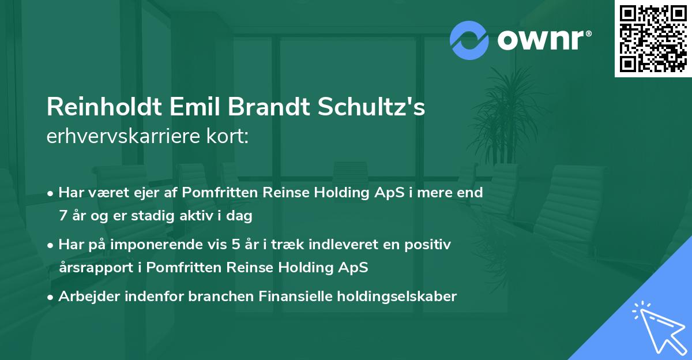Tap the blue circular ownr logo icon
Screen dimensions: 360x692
tap(470, 40)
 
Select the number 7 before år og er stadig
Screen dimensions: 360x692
tap(63, 216)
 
